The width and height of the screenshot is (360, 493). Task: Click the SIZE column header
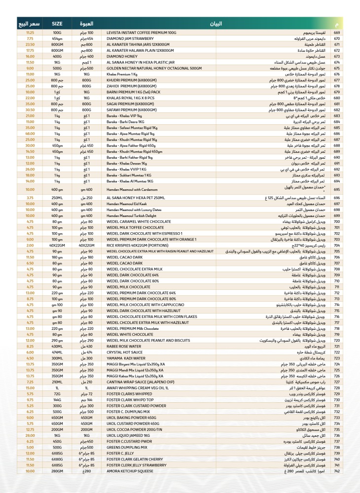57,23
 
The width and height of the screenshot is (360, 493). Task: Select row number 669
337,32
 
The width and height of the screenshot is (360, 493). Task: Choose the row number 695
337,189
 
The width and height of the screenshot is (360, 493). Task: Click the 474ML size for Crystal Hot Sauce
57,352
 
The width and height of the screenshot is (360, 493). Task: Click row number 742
337,472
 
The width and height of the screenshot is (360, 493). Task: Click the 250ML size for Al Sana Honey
57,198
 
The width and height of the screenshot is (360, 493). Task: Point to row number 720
337,341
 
